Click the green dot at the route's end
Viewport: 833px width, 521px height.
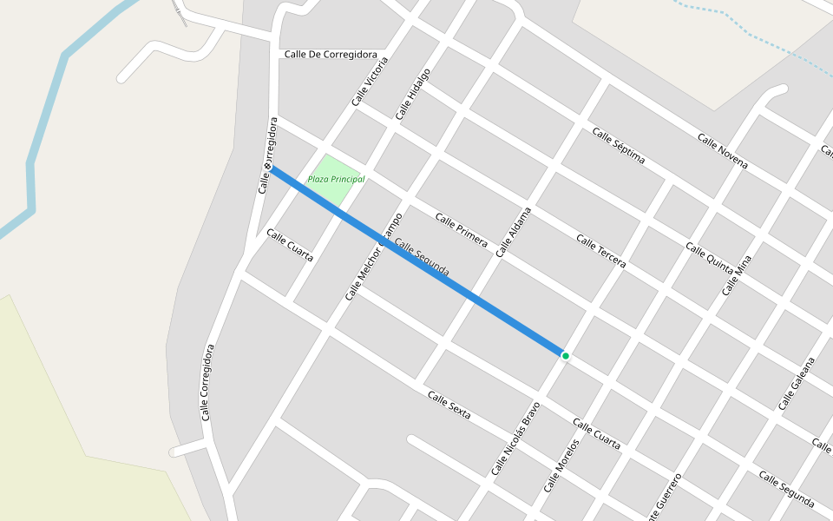[565, 356]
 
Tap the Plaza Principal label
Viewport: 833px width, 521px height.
[336, 180]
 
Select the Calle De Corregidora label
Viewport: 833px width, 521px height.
[331, 55]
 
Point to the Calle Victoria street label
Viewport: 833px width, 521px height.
[371, 82]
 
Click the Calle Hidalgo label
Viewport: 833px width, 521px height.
[412, 94]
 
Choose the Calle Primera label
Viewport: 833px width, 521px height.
[461, 230]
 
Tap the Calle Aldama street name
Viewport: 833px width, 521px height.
[513, 232]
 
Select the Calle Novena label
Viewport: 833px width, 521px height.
[723, 152]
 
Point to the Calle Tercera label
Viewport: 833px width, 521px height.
[600, 251]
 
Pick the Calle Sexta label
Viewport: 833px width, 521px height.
[449, 406]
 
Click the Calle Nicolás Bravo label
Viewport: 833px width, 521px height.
[515, 438]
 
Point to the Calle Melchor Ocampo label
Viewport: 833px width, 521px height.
[373, 257]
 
